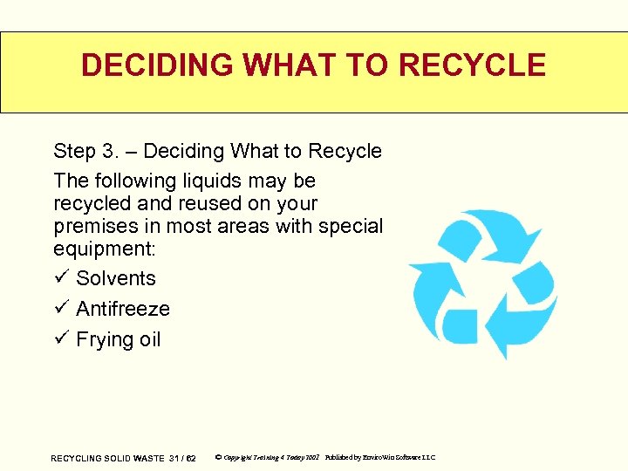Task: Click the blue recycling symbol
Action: (x=482, y=283)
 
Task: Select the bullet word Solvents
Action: (x=116, y=278)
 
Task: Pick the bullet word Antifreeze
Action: (x=123, y=309)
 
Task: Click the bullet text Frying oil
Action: (x=119, y=339)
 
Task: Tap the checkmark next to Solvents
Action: (x=60, y=278)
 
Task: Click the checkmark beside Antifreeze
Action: (x=60, y=309)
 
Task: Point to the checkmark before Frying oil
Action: (x=60, y=339)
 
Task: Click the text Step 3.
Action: (x=85, y=151)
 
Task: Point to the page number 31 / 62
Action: (x=182, y=458)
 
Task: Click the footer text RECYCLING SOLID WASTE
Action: (x=107, y=458)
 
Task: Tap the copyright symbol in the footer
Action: (x=218, y=458)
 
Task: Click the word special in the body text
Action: (x=350, y=226)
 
